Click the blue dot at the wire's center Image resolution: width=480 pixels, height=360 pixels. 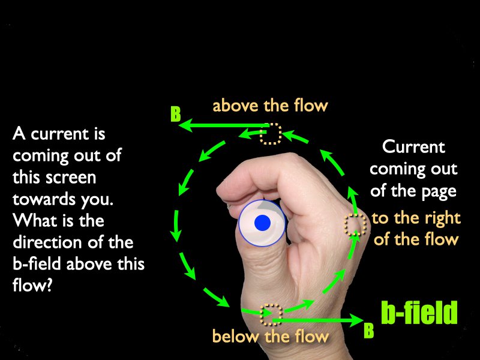pyautogui.click(x=262, y=223)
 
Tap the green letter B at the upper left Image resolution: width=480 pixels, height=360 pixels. pyautogui.click(x=176, y=114)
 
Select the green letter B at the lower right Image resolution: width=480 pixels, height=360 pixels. pyautogui.click(x=369, y=331)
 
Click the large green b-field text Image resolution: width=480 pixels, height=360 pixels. pyautogui.click(x=419, y=313)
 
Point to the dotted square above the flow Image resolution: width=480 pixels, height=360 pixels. pyautogui.click(x=271, y=133)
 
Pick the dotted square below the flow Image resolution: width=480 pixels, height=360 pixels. pyautogui.click(x=271, y=314)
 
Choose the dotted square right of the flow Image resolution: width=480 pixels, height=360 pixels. pyautogui.click(x=355, y=224)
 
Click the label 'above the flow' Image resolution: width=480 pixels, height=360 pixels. pyautogui.click(x=271, y=106)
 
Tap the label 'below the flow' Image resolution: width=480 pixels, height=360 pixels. pyautogui.click(x=271, y=336)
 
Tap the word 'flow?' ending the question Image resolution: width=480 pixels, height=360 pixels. pyautogui.click(x=32, y=286)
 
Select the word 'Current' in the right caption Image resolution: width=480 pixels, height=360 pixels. pyautogui.click(x=413, y=147)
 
